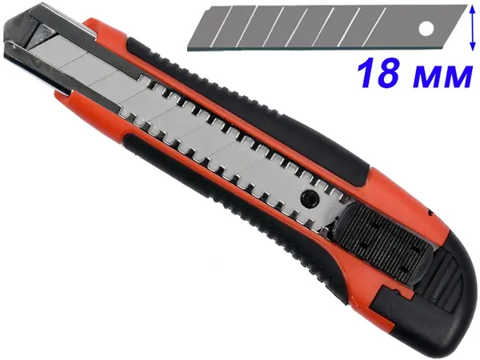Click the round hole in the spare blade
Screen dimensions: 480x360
(x=426, y=29)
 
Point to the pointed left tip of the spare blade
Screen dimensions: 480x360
(x=188, y=50)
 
